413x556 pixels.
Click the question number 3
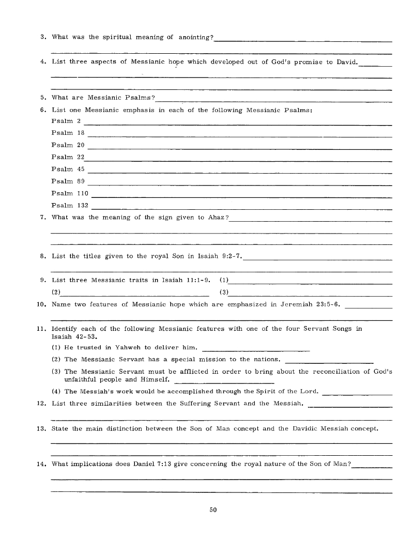click(x=43, y=37)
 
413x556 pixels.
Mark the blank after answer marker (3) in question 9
click(x=311, y=296)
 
